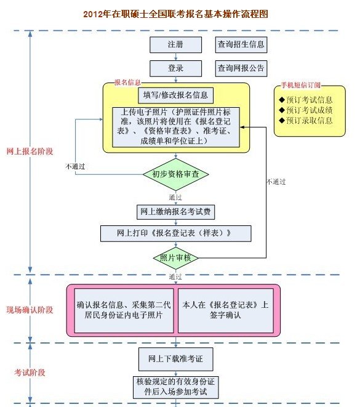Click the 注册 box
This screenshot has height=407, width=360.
pyautogui.click(x=175, y=45)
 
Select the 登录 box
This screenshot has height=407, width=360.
pyautogui.click(x=175, y=68)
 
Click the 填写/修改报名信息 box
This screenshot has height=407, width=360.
pyautogui.click(x=175, y=95)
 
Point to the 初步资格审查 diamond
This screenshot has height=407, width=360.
pyautogui.click(x=175, y=174)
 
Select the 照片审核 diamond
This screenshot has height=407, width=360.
pyautogui.click(x=175, y=257)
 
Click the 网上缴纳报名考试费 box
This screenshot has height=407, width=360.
pyautogui.click(x=175, y=212)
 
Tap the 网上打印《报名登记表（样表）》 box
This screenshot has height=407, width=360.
pyautogui.click(x=175, y=233)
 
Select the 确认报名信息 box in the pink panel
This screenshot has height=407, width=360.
pyautogui.click(x=124, y=310)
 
